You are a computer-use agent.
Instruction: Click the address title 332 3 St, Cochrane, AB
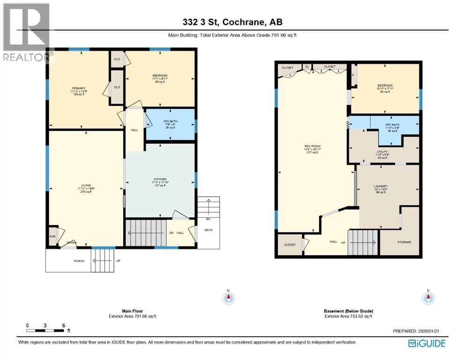(232, 22)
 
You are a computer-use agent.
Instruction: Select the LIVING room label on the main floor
(85, 186)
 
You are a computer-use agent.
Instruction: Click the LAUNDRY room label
(380, 186)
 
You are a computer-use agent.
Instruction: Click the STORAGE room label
(404, 242)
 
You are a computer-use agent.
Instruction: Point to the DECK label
(208, 230)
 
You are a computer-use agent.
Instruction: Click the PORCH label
(79, 261)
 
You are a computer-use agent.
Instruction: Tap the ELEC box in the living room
(52, 236)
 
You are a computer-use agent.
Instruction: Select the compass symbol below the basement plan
(428, 297)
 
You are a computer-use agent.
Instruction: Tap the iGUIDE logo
(427, 343)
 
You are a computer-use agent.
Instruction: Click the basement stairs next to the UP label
(363, 243)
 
